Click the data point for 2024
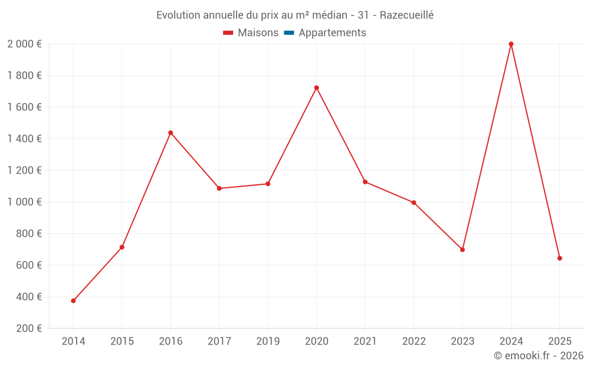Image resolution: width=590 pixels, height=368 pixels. click(x=511, y=44)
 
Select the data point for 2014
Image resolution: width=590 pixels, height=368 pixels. click(x=73, y=301)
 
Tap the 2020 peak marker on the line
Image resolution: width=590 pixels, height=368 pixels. click(x=316, y=88)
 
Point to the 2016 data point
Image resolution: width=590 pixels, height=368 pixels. click(x=171, y=133)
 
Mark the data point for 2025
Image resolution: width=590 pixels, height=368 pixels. click(x=559, y=258)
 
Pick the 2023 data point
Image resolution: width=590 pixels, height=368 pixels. click(x=463, y=250)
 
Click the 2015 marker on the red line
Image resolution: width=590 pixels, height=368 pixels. click(x=122, y=247)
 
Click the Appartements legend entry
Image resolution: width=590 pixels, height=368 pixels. click(x=332, y=33)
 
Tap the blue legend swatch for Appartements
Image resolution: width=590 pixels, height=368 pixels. click(x=289, y=33)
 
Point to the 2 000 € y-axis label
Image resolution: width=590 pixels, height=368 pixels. click(x=24, y=44)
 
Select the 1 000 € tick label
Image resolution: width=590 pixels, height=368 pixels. click(x=24, y=202)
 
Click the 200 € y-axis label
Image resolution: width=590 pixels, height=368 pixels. click(x=28, y=329)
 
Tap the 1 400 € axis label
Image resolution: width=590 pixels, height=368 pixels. click(x=24, y=139)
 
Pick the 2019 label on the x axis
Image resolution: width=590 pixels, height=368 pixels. click(x=268, y=342)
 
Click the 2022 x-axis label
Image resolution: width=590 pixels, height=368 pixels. click(x=414, y=342)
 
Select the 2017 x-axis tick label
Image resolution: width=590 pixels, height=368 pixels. click(x=219, y=342)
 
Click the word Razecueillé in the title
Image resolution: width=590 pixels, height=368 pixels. click(x=407, y=15)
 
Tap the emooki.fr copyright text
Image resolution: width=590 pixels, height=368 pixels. click(x=539, y=356)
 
